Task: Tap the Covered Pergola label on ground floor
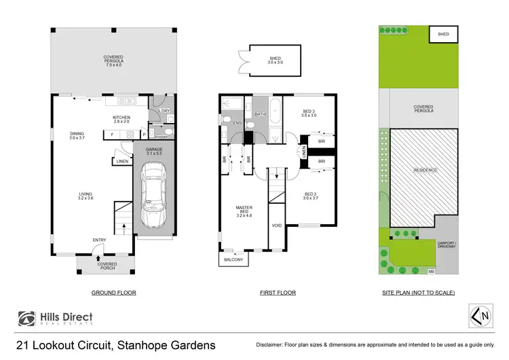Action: (113, 61)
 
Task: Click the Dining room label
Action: (75, 135)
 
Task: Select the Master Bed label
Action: (244, 212)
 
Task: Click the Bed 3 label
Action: (309, 113)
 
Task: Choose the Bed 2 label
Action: (310, 196)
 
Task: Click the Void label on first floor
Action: (276, 225)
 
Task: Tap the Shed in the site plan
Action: (443, 34)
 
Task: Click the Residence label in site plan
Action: (426, 170)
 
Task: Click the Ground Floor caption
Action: (113, 293)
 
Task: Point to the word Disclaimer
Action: (269, 346)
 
